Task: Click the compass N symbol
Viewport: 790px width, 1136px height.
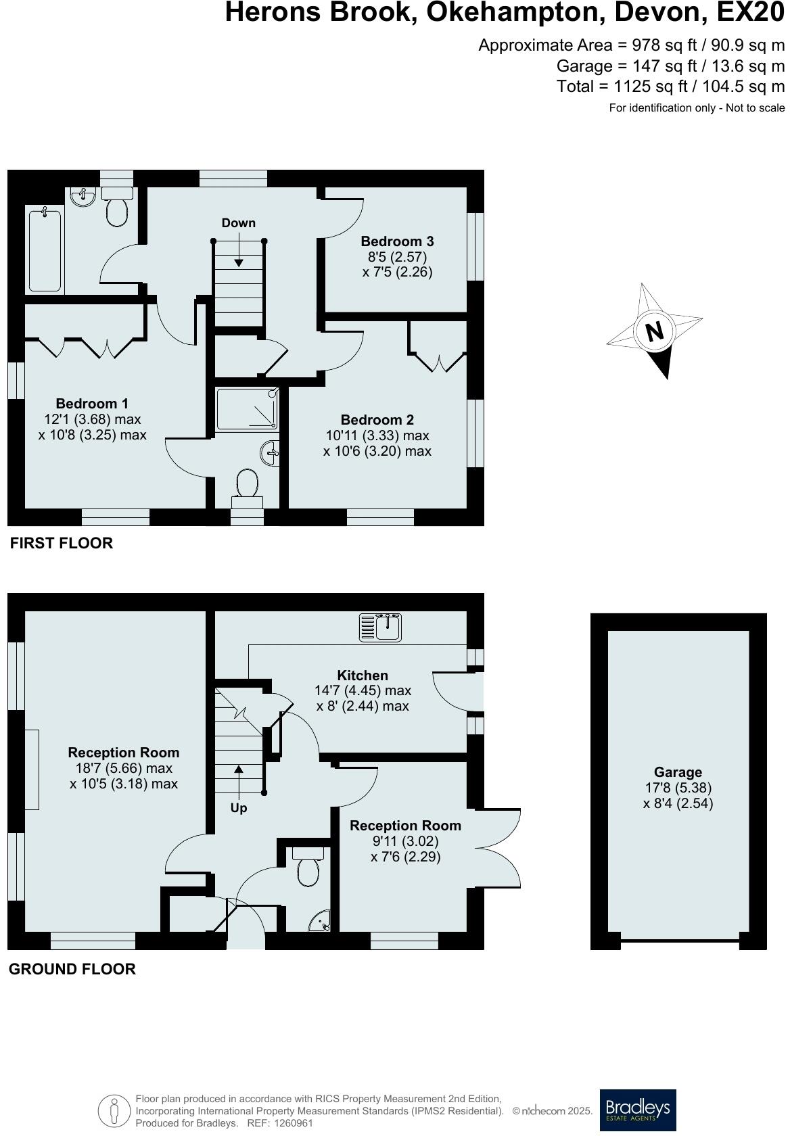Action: click(654, 331)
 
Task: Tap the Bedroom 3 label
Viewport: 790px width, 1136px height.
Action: click(397, 241)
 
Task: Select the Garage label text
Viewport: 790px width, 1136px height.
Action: click(678, 772)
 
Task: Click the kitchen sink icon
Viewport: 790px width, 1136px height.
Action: click(381, 628)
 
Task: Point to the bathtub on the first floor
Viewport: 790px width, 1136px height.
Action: click(45, 250)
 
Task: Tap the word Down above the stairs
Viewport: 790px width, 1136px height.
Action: click(239, 223)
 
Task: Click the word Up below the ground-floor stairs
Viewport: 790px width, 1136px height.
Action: click(239, 808)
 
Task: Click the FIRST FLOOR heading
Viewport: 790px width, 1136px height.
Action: click(62, 543)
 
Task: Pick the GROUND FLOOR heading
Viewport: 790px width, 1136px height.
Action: click(72, 969)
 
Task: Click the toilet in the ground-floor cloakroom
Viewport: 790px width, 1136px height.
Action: click(308, 868)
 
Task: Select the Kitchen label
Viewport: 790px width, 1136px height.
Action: click(363, 676)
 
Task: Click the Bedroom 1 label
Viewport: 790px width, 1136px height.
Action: click(92, 404)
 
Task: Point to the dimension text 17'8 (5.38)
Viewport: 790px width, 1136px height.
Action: click(678, 788)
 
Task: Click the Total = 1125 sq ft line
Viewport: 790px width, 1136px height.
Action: click(670, 87)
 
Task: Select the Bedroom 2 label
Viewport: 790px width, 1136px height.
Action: click(377, 420)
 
